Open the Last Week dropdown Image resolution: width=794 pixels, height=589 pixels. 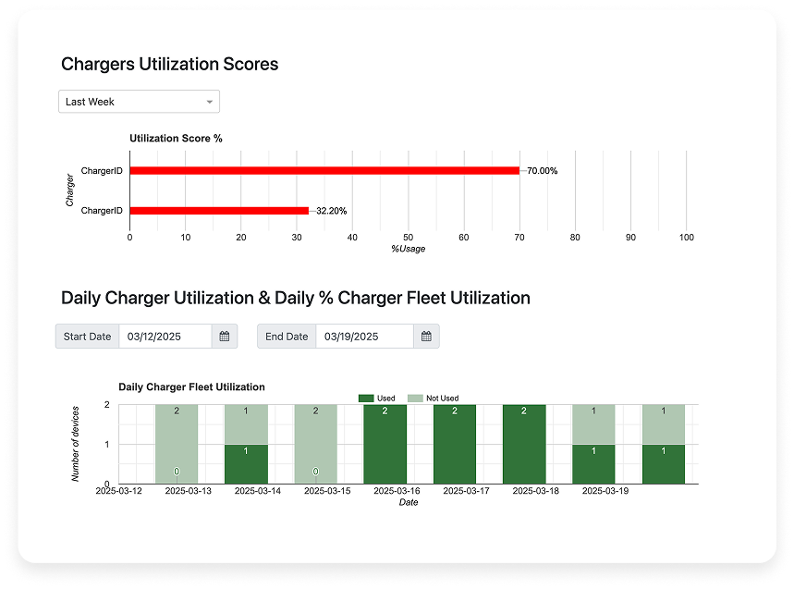(139, 102)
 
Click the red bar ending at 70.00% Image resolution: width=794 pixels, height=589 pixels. (324, 170)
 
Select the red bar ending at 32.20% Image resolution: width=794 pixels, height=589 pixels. (218, 211)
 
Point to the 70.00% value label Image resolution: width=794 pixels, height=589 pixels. (540, 171)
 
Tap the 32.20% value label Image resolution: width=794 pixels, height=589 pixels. (332, 211)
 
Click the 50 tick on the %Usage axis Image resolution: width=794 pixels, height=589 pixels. (408, 238)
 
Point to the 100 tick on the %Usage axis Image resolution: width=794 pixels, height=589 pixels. (686, 238)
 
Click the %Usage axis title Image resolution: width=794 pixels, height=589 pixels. (408, 249)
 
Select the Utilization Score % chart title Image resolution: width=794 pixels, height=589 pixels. (176, 139)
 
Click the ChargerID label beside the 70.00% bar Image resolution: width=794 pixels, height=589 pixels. (102, 171)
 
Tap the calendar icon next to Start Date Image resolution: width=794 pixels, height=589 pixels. (225, 337)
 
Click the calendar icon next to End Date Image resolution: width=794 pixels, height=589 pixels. (427, 337)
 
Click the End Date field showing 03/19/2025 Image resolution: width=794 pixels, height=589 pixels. (364, 337)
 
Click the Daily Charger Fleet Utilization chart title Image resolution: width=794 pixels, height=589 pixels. (191, 387)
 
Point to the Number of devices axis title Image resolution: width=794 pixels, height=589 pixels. (77, 444)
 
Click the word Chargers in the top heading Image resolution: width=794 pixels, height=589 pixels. (98, 64)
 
